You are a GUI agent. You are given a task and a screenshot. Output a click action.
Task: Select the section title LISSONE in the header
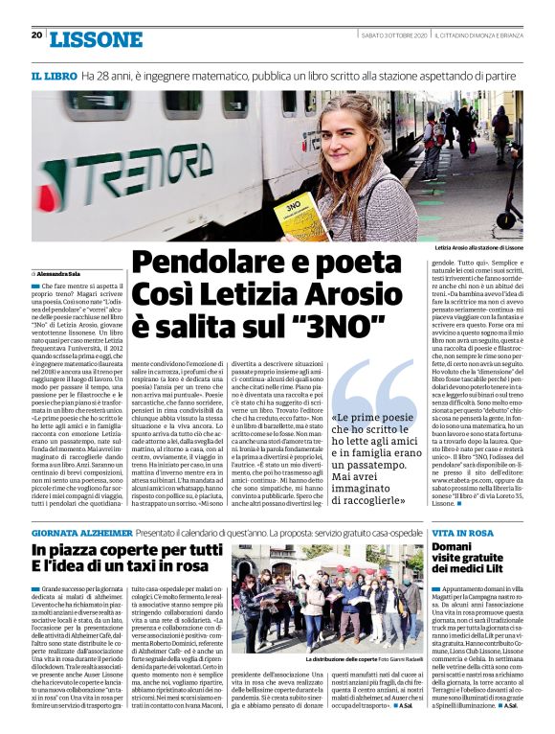pos(95,39)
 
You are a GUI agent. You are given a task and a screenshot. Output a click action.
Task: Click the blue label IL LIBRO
pos(53,75)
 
